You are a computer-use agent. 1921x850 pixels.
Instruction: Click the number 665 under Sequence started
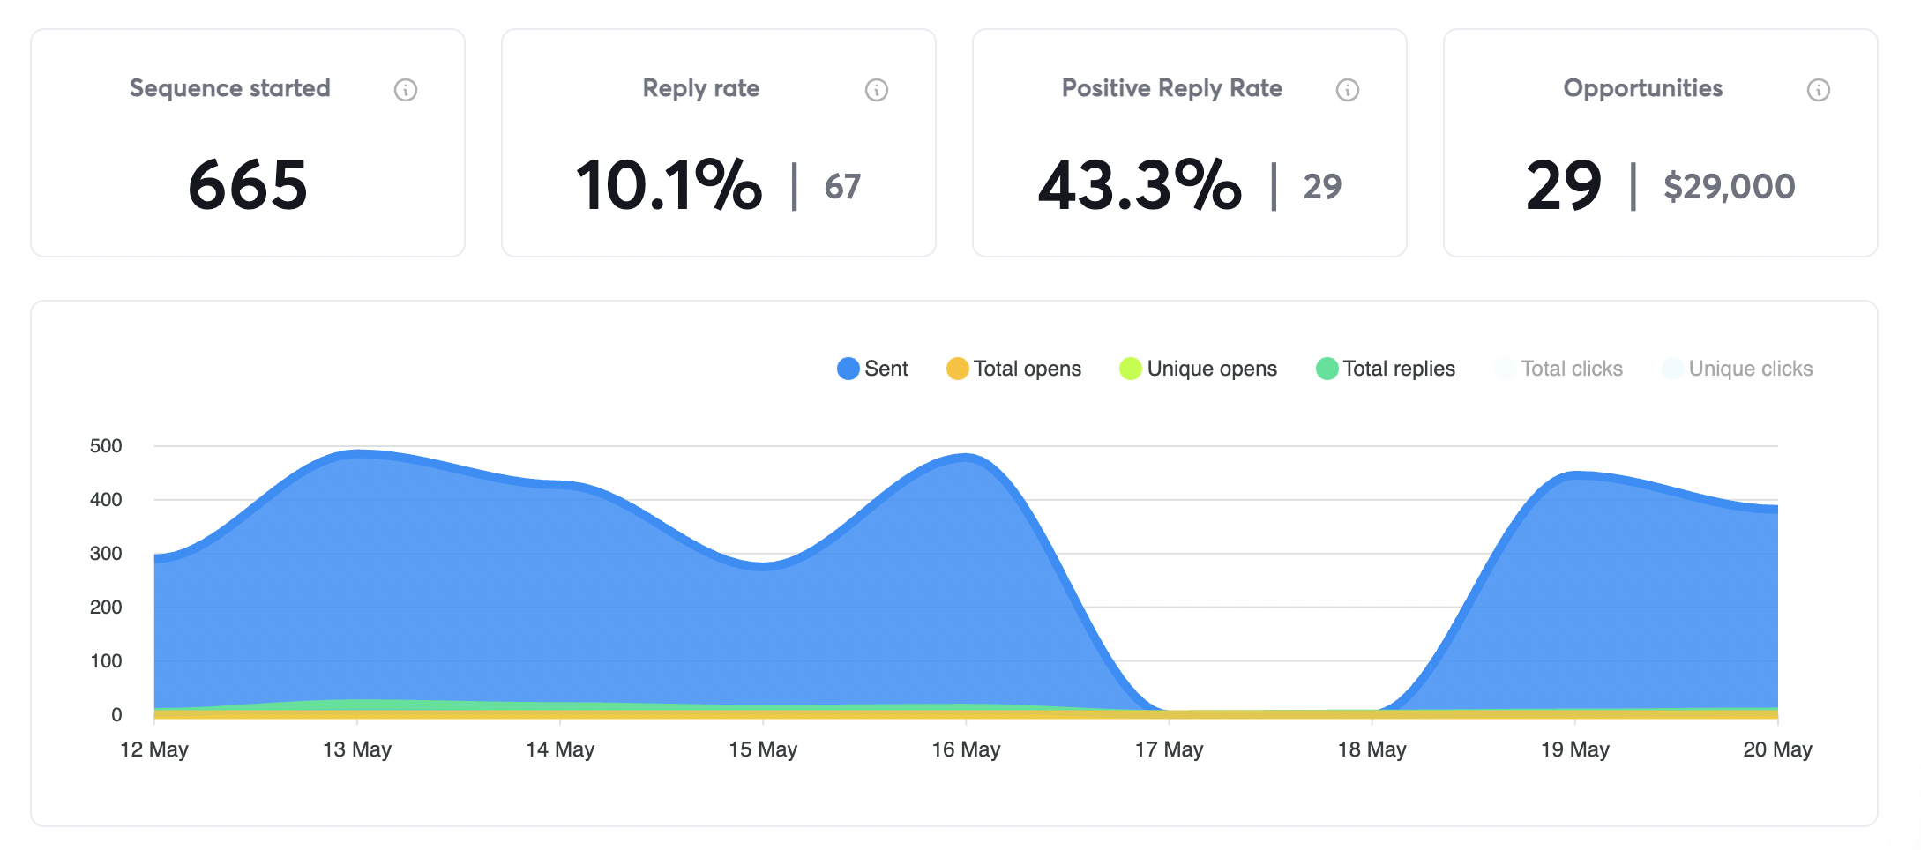248,185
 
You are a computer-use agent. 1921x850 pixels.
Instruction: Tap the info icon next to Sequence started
406,90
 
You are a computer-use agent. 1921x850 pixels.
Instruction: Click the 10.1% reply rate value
669,185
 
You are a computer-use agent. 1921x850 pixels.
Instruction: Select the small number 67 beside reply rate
842,187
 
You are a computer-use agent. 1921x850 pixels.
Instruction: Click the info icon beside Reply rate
877,90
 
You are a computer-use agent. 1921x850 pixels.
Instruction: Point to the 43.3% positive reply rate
1140,185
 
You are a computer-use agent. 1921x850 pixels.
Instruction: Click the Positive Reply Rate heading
1171,88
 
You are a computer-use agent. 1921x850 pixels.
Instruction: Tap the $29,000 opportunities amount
1729,187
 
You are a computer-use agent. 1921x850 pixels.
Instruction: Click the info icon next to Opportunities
1819,90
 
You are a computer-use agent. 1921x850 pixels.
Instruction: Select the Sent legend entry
872,369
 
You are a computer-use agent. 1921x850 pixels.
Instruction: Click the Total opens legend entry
1014,369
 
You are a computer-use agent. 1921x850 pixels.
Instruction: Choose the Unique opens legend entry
1199,369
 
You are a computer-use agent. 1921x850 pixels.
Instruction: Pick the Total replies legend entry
1386,369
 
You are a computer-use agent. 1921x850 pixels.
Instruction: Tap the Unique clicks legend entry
1738,369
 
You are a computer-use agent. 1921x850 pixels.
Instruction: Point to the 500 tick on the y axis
106,446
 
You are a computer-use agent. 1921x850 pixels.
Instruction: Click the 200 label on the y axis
106,608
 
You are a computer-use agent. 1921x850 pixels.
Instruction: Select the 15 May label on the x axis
763,749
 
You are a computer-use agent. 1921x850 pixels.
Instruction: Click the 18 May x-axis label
1372,749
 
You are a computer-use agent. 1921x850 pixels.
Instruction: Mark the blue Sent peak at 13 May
357,454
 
